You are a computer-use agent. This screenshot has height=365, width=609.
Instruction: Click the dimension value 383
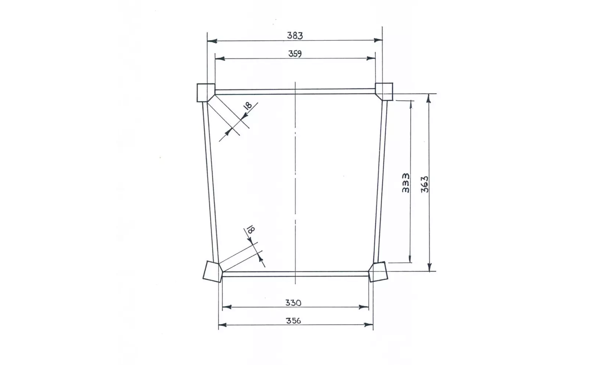295,35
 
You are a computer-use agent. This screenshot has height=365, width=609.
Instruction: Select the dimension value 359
295,54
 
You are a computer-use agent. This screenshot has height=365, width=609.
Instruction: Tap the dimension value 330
293,303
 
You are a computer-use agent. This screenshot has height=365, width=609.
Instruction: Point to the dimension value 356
293,321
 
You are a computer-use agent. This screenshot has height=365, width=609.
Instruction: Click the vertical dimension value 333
406,183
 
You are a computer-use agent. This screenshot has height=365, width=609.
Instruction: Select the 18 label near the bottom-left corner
251,230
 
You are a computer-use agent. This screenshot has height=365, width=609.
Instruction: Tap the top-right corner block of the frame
384,91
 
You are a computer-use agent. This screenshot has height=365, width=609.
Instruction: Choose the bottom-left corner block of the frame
212,271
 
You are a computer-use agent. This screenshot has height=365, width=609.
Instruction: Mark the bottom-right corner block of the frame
378,272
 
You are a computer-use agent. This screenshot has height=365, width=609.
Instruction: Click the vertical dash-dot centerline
295,184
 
